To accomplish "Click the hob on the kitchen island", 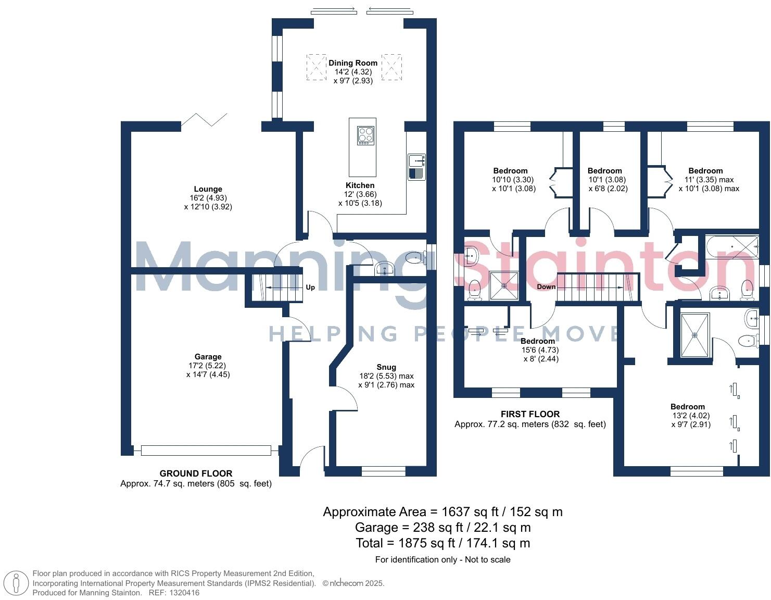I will (x=365, y=135).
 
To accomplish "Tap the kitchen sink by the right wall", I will (x=416, y=167).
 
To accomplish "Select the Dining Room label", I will (x=353, y=63).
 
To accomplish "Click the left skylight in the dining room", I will (x=315, y=67).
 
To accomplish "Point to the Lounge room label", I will (x=208, y=189).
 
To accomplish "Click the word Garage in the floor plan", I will (x=208, y=357).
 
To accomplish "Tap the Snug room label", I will (x=386, y=367).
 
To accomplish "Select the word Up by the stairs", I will (x=310, y=287).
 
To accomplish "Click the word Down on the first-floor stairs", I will (x=546, y=287).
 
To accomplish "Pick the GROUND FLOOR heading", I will (x=196, y=473).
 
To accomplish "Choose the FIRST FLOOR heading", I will (x=530, y=414).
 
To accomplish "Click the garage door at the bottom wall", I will (x=206, y=451).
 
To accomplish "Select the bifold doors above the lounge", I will (x=204, y=120).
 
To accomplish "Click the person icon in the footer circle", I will (x=18, y=583).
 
